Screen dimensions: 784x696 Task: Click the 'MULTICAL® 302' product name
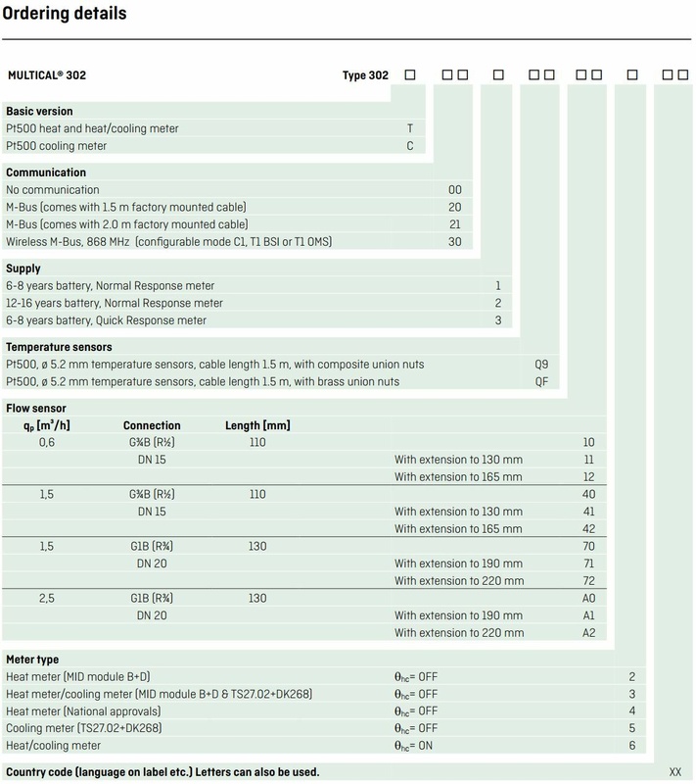54,74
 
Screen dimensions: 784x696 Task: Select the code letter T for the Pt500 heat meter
410,128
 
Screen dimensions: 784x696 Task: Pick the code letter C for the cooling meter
410,146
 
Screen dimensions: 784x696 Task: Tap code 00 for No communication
454,190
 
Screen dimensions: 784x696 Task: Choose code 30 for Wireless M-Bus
454,242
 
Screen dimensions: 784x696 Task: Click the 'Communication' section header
46,172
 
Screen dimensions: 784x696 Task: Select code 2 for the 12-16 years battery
498,303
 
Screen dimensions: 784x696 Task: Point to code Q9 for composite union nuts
541,364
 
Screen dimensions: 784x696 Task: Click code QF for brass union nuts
541,381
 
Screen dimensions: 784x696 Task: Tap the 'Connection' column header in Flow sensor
152,425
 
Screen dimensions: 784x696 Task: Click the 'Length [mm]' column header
256,425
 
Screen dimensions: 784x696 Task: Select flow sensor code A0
588,598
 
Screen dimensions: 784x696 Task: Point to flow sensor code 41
588,512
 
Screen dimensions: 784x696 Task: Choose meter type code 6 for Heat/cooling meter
632,747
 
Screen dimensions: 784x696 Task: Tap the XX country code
674,772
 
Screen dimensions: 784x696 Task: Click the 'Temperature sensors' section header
59,347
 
